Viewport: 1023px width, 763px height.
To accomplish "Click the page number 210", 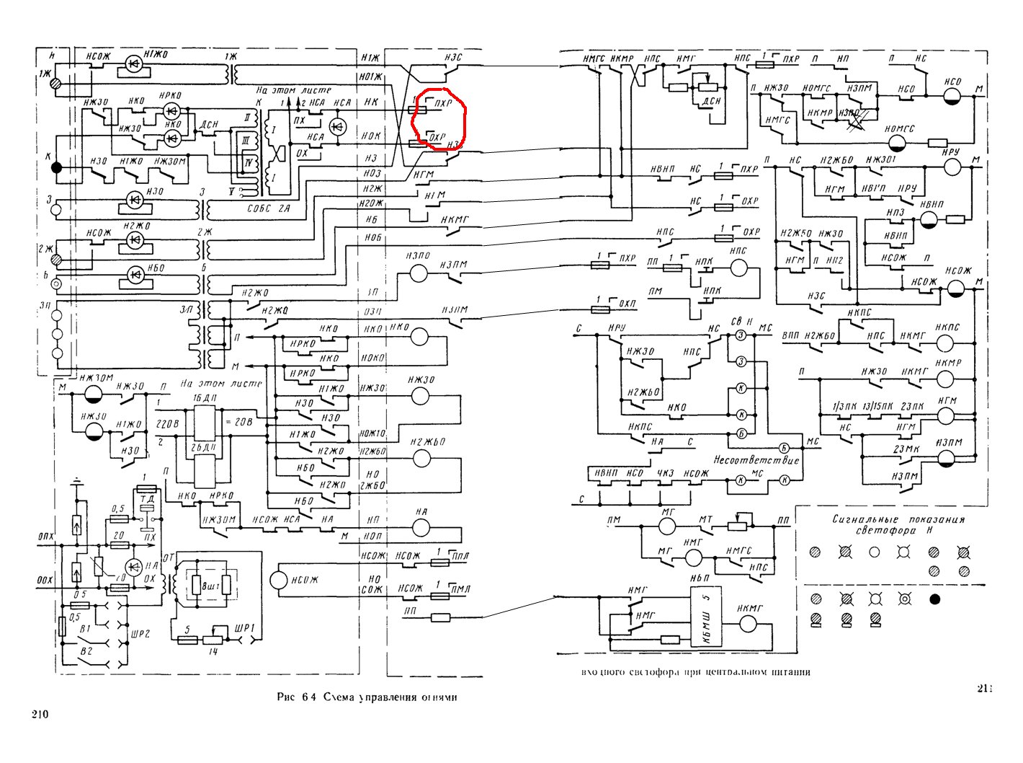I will click(x=39, y=714).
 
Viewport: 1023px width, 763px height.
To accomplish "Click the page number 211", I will click(x=985, y=687).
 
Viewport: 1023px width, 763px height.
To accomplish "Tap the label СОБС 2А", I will click(x=268, y=208).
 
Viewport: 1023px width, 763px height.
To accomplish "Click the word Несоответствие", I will click(x=756, y=459).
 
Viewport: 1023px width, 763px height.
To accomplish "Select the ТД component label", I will click(x=148, y=498).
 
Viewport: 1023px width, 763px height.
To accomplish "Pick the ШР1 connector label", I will click(x=245, y=629).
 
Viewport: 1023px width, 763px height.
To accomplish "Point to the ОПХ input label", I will click(x=45, y=537).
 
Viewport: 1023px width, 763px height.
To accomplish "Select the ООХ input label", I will click(x=45, y=581).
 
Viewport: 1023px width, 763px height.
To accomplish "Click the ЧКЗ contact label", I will click(x=665, y=473).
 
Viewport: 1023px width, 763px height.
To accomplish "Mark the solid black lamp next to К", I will click(x=57, y=168).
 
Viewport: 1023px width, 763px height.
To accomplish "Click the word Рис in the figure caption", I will click(x=285, y=697).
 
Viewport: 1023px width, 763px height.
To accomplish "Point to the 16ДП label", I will click(x=205, y=397).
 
